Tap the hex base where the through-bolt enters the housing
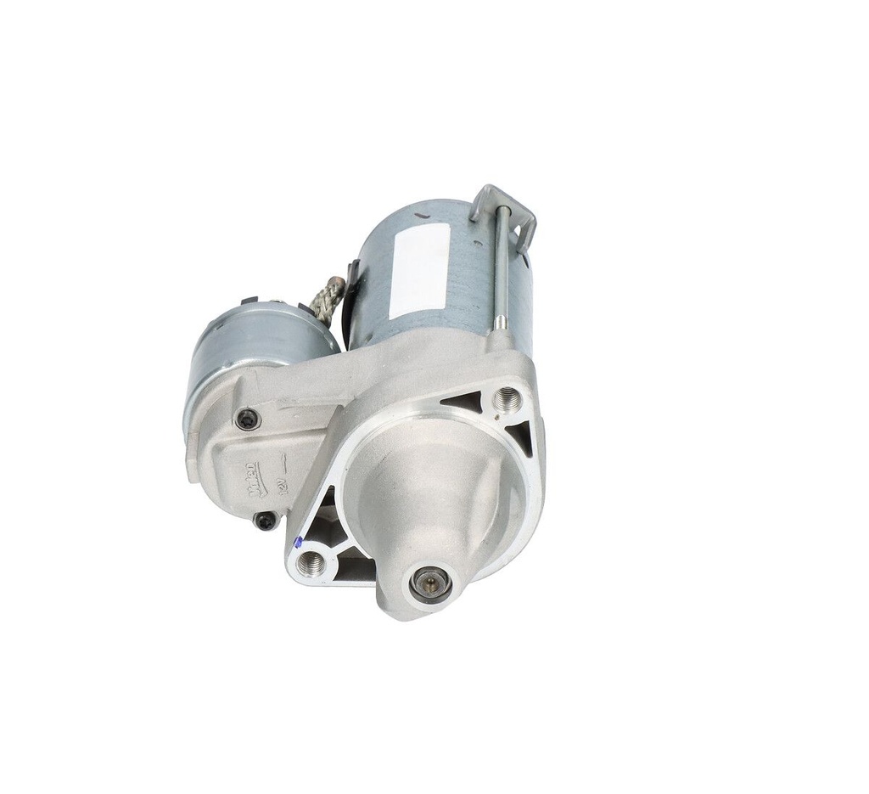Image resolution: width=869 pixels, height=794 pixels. (x=501, y=323)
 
